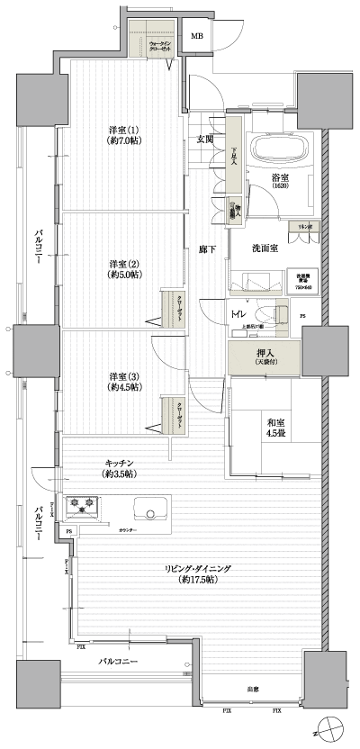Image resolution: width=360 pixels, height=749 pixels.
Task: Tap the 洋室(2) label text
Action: click(x=122, y=269)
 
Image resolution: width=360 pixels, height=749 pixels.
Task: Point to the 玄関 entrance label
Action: click(x=205, y=139)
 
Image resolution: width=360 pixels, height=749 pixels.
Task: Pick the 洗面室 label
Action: click(x=264, y=248)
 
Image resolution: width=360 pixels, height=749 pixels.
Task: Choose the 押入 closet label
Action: click(x=265, y=356)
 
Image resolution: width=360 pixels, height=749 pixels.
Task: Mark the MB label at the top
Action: click(x=197, y=37)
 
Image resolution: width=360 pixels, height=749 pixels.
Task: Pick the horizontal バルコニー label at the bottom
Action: click(x=119, y=662)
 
